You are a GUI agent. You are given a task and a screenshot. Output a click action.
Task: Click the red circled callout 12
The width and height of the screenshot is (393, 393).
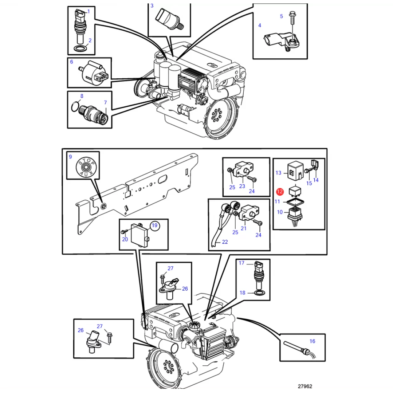(280, 192)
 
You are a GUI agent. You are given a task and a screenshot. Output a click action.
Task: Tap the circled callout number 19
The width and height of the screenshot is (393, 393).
(155, 226)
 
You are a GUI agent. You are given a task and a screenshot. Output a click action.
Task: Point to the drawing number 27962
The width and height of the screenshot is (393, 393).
(305, 386)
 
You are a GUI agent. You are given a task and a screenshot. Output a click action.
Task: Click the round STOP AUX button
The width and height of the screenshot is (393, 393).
(86, 167)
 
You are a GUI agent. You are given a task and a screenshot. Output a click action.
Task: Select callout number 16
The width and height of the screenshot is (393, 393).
(312, 341)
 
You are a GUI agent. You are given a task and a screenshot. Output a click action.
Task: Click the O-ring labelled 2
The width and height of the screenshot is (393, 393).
(81, 48)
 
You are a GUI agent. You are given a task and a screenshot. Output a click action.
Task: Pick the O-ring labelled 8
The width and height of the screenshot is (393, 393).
(75, 107)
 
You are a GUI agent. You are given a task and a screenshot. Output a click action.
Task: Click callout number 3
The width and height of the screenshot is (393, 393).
(152, 6)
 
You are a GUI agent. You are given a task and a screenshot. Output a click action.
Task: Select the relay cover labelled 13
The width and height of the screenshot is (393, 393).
(295, 171)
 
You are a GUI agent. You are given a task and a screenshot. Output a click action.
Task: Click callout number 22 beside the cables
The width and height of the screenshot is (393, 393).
(225, 242)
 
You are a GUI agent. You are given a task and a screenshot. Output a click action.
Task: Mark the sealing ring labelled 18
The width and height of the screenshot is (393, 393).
(259, 293)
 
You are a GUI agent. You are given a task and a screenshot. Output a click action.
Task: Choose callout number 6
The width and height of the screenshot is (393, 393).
(71, 62)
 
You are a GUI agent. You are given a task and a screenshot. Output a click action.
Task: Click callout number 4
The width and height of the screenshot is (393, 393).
(260, 25)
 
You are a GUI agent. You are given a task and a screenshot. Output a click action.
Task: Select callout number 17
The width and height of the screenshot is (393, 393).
(241, 263)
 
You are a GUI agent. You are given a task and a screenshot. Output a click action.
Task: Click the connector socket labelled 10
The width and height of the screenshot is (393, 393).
(295, 216)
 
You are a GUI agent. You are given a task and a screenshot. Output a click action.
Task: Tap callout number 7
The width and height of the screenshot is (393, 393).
(105, 102)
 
